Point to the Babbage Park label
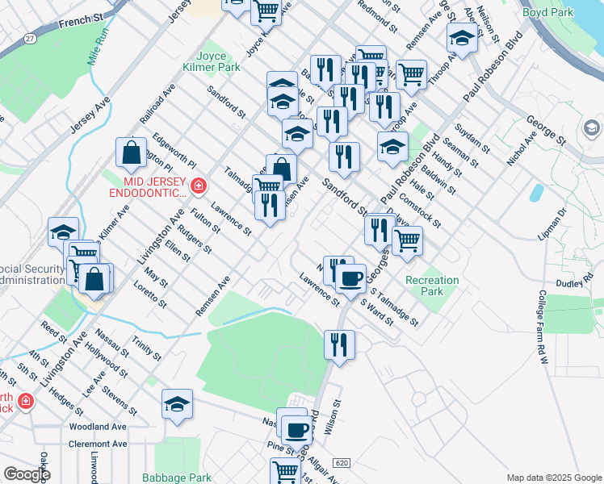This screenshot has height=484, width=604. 177,478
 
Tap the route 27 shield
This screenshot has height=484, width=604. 30,38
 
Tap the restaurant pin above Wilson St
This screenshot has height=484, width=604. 339,344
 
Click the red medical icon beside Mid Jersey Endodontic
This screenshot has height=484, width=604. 199,188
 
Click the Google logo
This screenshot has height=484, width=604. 27,474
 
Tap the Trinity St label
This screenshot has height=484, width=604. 147,349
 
